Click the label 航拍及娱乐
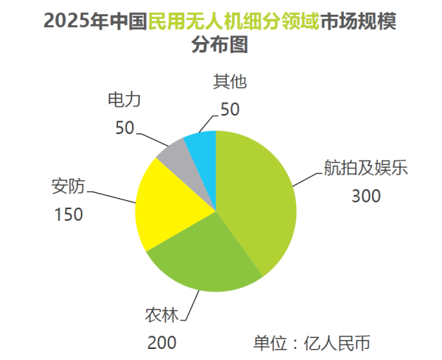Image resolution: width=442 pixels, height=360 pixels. click(365, 167)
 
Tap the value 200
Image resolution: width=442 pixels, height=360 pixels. click(161, 344)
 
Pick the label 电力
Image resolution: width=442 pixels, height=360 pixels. click(123, 99)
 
